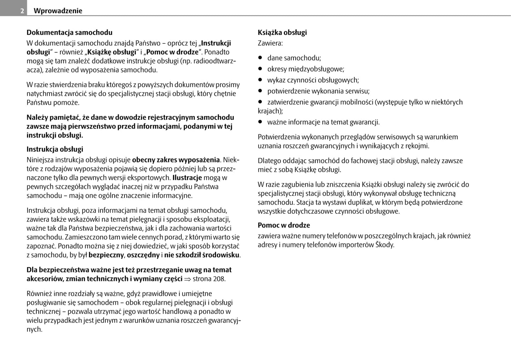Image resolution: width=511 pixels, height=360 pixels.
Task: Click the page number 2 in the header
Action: point(22,11)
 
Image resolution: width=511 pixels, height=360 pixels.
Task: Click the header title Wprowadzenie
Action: point(58,11)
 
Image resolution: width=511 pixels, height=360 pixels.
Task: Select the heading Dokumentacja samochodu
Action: point(69,33)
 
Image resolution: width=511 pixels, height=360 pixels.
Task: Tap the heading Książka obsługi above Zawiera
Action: point(282,33)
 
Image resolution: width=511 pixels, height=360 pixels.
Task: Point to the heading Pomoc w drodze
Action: point(284,225)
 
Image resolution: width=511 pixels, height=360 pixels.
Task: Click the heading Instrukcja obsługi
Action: point(55,149)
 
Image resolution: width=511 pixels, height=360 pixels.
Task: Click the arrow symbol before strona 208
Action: point(187,279)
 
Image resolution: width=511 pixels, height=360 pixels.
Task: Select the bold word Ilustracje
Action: point(187,178)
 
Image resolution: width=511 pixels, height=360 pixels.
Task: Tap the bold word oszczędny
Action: point(143,255)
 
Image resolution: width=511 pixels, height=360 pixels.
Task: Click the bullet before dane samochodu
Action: point(260,58)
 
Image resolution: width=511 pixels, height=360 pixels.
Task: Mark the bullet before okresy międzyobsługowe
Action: point(260,69)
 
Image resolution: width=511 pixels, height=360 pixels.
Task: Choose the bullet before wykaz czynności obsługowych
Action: point(260,80)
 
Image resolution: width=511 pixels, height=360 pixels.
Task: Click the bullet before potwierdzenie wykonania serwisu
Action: point(260,91)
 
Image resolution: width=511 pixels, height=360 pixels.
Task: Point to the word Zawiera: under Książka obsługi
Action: point(270,43)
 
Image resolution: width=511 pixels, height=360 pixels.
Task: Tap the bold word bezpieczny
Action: point(106,255)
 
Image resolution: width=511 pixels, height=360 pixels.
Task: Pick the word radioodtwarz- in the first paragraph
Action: point(214,61)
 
